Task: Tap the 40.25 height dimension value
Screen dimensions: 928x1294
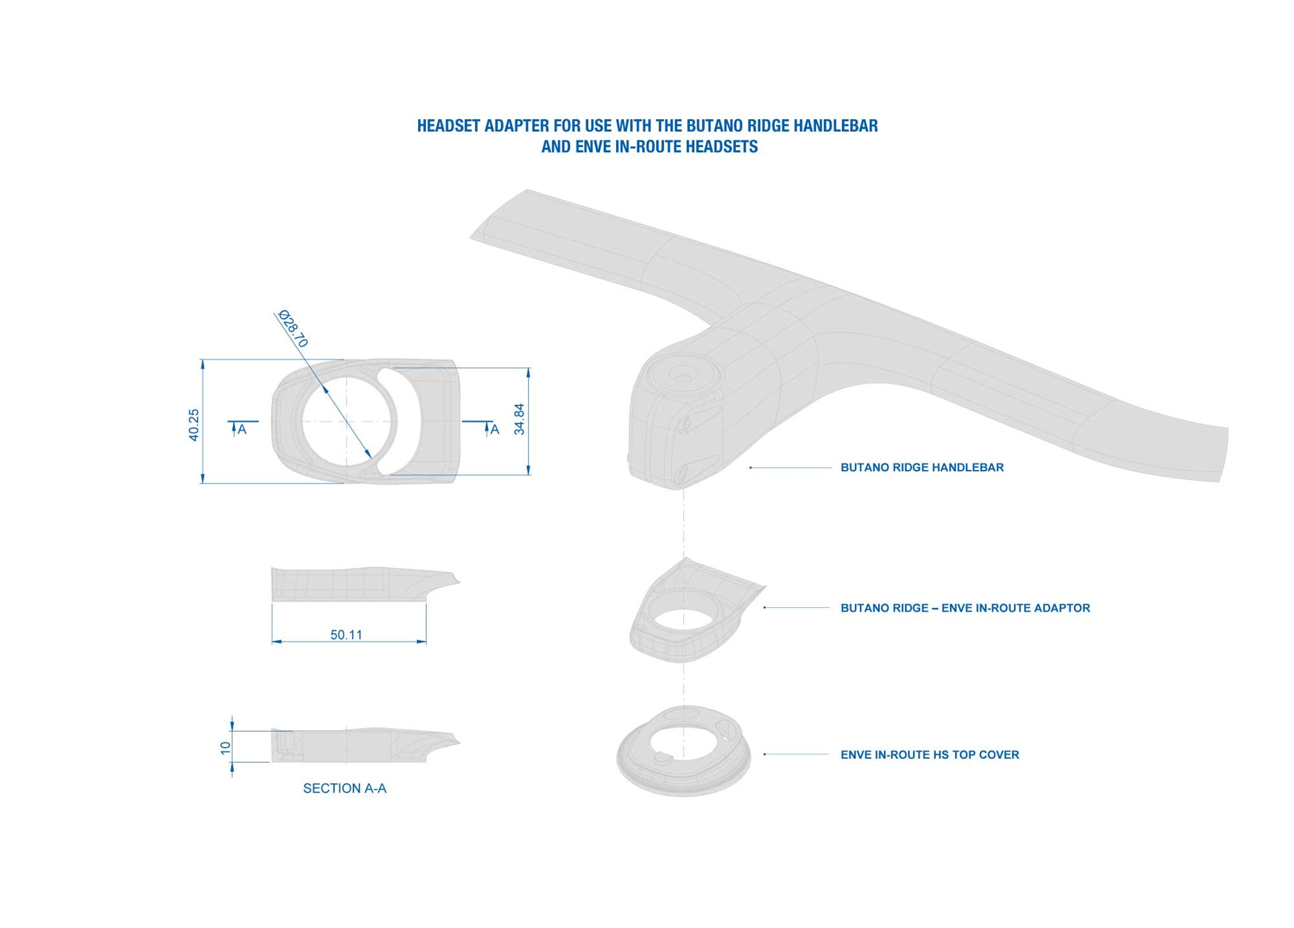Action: point(193,425)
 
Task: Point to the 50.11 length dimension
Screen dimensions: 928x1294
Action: point(346,635)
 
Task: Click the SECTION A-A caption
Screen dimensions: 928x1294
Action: point(345,788)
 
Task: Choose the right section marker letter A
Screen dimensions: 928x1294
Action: point(495,430)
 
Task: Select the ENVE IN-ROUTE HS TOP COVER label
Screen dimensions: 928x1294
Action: point(929,754)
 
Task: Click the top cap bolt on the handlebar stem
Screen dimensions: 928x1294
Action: point(682,377)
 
